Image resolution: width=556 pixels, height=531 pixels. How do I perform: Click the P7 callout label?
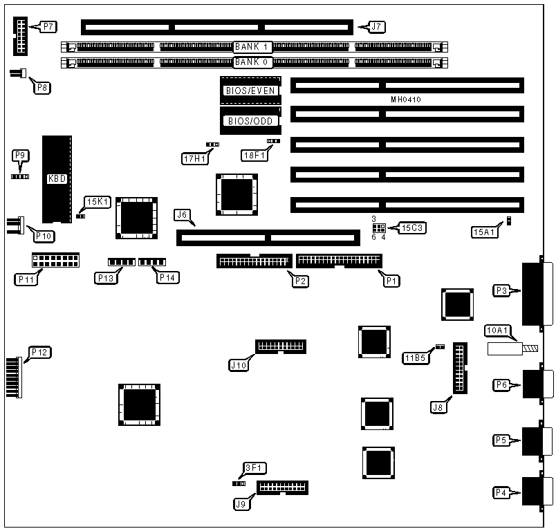click(48, 27)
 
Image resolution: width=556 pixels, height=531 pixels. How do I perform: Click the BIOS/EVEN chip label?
click(250, 91)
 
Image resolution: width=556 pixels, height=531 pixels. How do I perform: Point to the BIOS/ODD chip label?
click(250, 121)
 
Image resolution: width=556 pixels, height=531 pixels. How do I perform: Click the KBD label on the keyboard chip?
click(57, 178)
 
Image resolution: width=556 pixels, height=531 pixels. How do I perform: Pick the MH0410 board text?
click(406, 100)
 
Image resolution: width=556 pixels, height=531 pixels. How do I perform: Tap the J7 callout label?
click(376, 27)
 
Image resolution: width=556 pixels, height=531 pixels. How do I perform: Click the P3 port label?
click(502, 291)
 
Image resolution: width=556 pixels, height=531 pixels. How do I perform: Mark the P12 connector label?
click(39, 352)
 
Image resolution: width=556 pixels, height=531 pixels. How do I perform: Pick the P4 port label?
click(502, 492)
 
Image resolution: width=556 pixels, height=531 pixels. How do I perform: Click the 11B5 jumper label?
click(414, 357)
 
